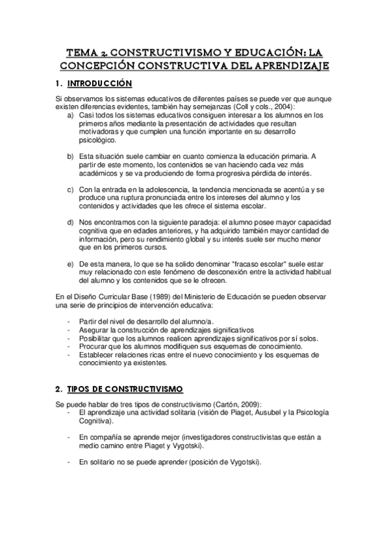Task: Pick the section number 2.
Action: [59, 389]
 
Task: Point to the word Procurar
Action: [94, 347]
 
